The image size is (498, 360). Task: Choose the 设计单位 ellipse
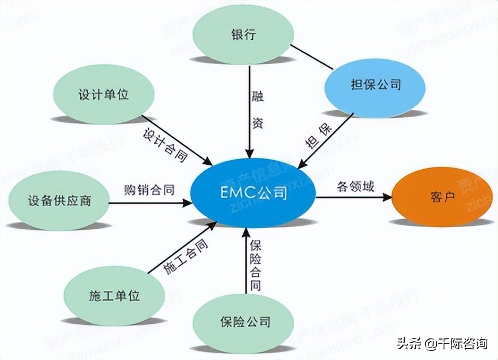click(x=104, y=93)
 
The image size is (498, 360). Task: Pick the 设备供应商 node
click(x=59, y=200)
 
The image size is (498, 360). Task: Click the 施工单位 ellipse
click(x=114, y=295)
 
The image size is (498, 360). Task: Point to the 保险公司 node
click(x=244, y=322)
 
